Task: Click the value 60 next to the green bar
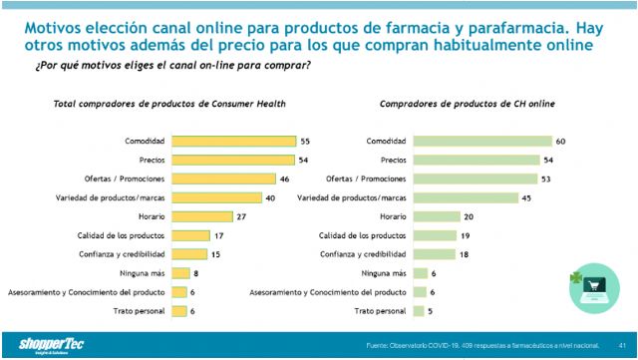[x=562, y=142]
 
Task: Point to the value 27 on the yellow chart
[x=239, y=216]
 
